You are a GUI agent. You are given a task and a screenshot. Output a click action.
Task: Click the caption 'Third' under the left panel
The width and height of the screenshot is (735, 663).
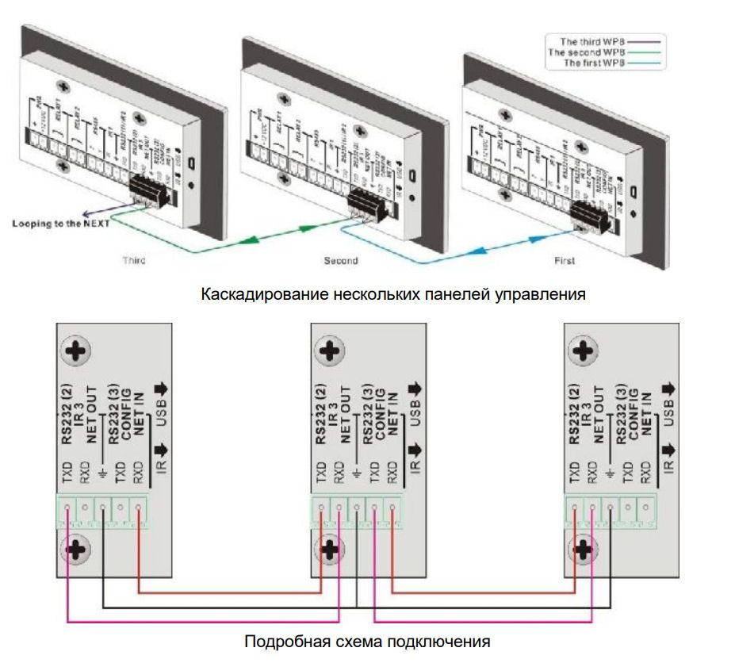135,260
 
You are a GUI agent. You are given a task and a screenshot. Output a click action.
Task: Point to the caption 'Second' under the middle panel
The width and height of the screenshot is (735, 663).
340,260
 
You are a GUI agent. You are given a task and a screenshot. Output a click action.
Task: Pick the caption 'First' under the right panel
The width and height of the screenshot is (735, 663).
563,260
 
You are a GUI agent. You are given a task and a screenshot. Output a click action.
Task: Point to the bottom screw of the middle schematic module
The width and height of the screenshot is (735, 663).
330,548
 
